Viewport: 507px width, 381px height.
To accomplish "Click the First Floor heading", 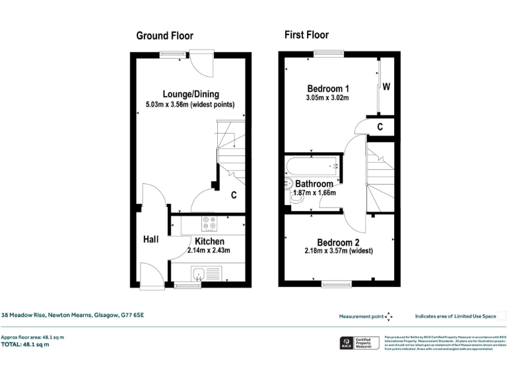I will point(306,34).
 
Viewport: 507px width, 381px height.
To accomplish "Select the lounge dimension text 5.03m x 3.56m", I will point(189,105).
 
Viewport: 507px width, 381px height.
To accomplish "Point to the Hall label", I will point(151,239).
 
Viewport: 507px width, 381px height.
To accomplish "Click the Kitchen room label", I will point(209,241).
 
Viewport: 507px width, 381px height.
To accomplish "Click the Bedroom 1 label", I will point(328,89).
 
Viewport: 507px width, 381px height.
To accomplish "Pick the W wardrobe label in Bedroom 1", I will point(386,87).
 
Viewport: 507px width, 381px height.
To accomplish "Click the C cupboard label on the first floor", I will point(380,127).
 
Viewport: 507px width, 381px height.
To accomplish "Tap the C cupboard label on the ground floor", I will point(234,195).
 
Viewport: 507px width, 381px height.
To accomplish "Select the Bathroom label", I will point(314,183).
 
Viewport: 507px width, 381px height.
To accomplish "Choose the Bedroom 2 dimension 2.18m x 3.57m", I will point(339,251).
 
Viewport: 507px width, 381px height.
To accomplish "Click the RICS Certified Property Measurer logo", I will point(357,343).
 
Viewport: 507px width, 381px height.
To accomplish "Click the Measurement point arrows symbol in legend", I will point(388,316).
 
